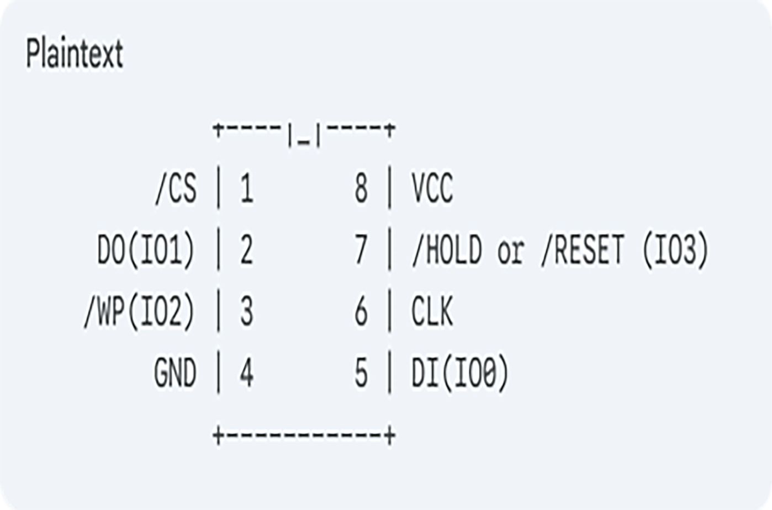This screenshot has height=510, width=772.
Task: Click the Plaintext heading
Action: pyautogui.click(x=75, y=54)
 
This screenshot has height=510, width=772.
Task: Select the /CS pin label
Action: pyautogui.click(x=175, y=189)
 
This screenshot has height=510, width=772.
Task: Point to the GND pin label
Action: pyautogui.click(x=175, y=374)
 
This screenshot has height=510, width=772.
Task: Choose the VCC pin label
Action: pyautogui.click(x=432, y=189)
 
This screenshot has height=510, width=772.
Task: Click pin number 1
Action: pyautogui.click(x=246, y=189)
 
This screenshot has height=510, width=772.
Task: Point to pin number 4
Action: pyautogui.click(x=246, y=374)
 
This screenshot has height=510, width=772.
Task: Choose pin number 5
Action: pyautogui.click(x=361, y=374)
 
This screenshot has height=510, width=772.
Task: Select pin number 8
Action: pyautogui.click(x=361, y=189)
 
